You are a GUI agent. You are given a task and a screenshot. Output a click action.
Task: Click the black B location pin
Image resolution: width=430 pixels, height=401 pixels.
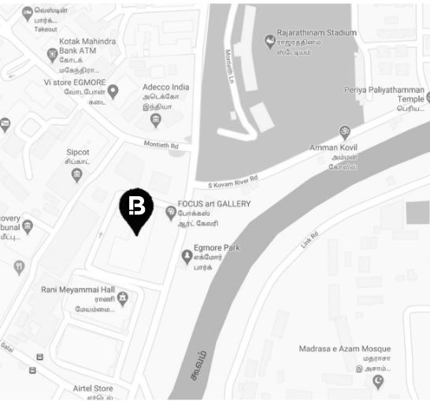[137, 209]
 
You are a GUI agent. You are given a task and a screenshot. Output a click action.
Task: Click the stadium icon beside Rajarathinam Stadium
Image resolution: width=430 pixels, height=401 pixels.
[269, 37]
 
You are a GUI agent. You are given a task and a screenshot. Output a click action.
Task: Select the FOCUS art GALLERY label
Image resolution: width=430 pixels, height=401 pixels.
[214, 204]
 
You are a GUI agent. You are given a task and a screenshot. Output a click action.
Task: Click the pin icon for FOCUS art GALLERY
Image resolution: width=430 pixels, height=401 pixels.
[170, 212]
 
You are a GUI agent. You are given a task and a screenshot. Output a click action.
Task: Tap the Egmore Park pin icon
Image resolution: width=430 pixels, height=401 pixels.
[187, 255]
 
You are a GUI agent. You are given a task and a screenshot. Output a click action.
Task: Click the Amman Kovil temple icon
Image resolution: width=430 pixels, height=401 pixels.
[343, 132]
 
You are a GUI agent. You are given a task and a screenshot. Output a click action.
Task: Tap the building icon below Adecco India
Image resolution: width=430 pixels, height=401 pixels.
[155, 120]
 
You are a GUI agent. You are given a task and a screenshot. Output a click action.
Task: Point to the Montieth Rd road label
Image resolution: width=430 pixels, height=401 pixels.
[161, 146]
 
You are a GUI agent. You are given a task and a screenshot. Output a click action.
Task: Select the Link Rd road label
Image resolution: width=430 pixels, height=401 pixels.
[308, 240]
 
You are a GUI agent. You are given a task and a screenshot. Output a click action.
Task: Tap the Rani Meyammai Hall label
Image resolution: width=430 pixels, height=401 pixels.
[78, 290]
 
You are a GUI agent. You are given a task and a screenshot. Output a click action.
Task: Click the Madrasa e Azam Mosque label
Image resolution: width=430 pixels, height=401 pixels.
[344, 348]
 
